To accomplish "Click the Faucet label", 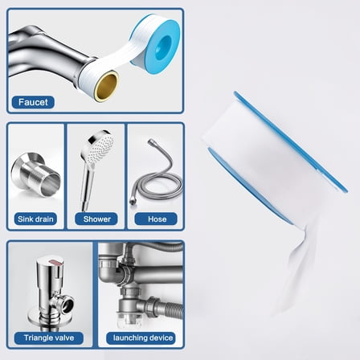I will [x=32, y=103].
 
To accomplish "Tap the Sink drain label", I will [x=34, y=218].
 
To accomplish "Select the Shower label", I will [x=95, y=218].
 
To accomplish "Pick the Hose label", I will [x=155, y=218].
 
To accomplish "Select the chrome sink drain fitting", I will [x=34, y=174].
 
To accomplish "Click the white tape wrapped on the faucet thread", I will [x=92, y=72].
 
